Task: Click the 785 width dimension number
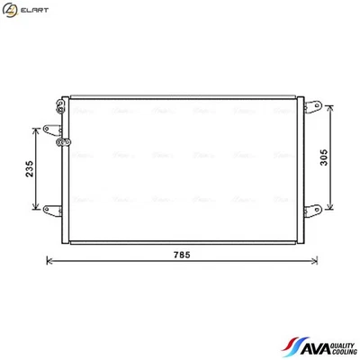coord(181,256)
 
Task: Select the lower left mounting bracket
coord(50,209)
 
